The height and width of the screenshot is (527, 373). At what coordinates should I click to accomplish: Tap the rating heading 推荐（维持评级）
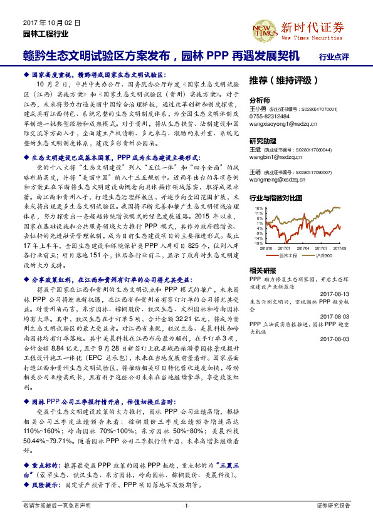278,81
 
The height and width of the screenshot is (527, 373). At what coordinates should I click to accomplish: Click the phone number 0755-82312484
269,116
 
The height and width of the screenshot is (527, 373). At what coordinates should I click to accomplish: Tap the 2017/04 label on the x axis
304,248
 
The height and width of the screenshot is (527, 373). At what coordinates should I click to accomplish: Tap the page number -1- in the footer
186,505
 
